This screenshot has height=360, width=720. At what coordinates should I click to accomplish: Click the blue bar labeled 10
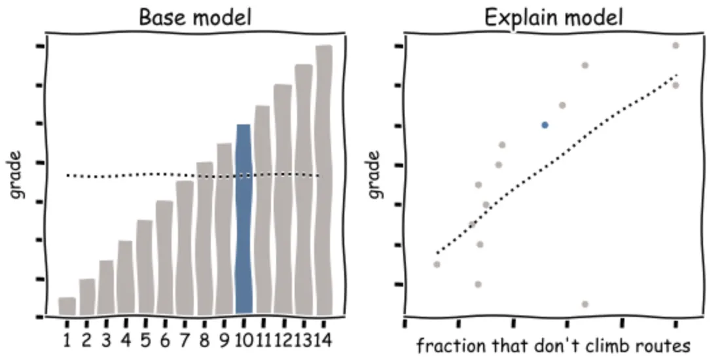point(243,219)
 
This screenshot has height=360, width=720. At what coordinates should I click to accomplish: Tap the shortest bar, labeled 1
point(67,306)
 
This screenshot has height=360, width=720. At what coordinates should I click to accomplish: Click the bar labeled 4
point(124,278)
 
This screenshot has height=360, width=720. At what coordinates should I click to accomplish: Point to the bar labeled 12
point(283,200)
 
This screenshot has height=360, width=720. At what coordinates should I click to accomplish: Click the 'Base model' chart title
point(195,18)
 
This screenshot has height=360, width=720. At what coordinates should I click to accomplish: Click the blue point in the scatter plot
point(545,124)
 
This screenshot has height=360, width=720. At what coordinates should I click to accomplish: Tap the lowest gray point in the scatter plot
point(585,304)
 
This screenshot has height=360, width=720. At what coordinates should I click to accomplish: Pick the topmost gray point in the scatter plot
point(675,45)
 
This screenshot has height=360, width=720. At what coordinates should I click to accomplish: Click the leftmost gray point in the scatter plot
point(437,264)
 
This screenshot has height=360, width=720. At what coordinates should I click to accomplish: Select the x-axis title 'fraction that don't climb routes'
point(554,345)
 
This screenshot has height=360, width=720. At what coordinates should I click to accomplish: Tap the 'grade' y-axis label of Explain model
point(374,175)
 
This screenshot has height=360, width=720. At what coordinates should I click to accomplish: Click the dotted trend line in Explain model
point(556,164)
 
